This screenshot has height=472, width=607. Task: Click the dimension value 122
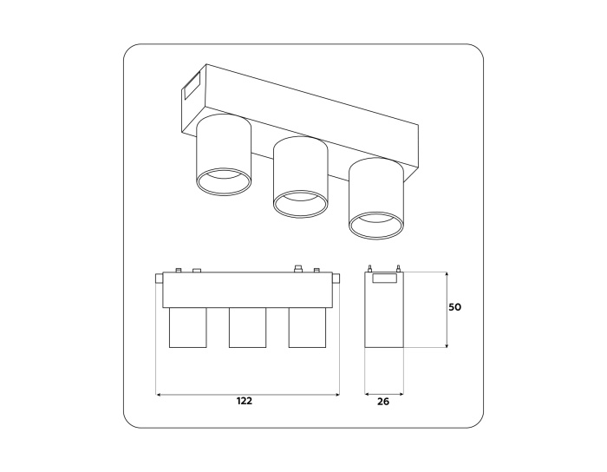click(x=244, y=401)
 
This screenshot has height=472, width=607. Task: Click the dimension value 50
click(x=454, y=307)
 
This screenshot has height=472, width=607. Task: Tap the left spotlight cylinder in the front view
click(x=186, y=328)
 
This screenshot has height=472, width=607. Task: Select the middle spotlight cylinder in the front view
click(x=246, y=328)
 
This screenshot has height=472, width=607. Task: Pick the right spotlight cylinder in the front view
click(x=305, y=328)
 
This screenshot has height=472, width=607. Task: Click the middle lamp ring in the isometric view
click(x=301, y=204)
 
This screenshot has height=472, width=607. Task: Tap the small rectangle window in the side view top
click(x=383, y=279)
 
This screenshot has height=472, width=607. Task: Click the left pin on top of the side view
click(x=370, y=268)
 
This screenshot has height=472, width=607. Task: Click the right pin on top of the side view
click(x=398, y=268)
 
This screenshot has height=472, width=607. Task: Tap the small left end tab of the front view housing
click(x=158, y=279)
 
